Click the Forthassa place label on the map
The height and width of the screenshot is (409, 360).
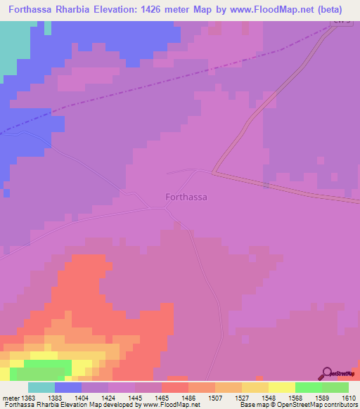(186, 197)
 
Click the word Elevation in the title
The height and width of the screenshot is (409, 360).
(126, 10)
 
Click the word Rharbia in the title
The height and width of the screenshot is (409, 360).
(77, 10)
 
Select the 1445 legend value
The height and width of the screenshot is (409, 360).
(136, 398)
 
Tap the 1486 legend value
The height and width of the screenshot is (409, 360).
(189, 398)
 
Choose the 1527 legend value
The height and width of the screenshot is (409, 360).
(243, 398)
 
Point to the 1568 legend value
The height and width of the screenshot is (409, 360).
(296, 398)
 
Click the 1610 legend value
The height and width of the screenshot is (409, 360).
(349, 398)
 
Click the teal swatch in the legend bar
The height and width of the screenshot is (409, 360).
(41, 387)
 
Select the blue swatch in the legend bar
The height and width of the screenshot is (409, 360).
(68, 387)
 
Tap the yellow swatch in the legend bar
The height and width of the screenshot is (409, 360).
(282, 387)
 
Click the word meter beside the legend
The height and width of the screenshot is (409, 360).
(10, 398)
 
